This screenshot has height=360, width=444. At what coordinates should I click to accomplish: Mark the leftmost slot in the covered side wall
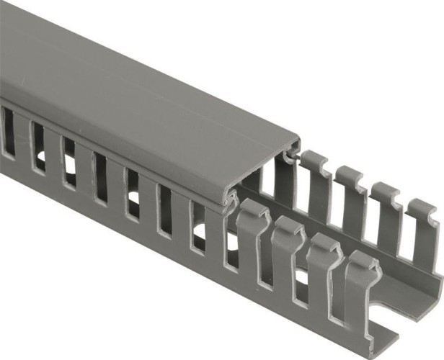(x=8, y=133)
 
